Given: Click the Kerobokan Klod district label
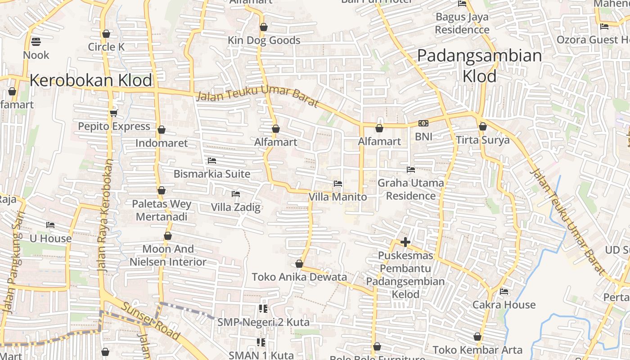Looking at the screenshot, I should [91, 81].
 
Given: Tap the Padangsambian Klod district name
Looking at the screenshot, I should [479, 66].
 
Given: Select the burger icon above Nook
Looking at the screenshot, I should [36, 42].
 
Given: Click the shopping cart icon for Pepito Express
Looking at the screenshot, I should [113, 113].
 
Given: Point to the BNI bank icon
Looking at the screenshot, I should [423, 123].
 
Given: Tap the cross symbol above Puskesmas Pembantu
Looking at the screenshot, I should [405, 243].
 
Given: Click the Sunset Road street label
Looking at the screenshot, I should [151, 321].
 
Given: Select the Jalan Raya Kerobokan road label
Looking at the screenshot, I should [104, 216].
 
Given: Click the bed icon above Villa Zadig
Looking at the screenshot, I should [235, 194].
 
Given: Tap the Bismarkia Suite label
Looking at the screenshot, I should [212, 174].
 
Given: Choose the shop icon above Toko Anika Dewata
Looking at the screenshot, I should [299, 264].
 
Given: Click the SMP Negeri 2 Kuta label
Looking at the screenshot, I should [263, 322].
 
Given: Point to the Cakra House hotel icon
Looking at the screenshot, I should [504, 292].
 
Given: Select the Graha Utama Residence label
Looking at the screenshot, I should [410, 189].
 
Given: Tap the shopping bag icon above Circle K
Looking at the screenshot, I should [106, 34].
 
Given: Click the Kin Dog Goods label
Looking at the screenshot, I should [264, 40].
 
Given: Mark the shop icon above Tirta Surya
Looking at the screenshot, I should [483, 126].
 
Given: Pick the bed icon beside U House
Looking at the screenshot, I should [50, 225].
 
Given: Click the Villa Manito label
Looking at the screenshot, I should [337, 197].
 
